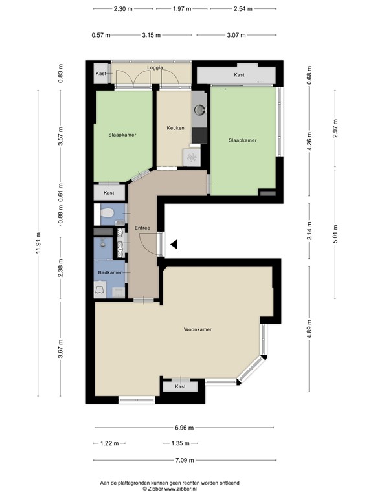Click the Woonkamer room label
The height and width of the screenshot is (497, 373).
point(198,329)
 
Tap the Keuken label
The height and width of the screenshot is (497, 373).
point(175,128)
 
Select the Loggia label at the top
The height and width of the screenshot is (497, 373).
point(155,67)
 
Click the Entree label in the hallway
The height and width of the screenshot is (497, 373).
point(142,228)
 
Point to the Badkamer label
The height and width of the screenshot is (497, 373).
point(110,273)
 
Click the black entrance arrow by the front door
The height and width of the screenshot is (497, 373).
point(174,244)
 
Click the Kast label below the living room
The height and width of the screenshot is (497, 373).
point(180,386)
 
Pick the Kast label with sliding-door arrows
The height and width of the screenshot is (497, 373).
point(239,76)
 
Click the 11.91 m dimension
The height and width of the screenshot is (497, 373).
point(38,244)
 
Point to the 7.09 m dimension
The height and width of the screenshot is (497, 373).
point(185,459)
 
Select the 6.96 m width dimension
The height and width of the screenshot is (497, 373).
point(185,428)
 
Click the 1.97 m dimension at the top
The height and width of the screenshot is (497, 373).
point(183,9)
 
